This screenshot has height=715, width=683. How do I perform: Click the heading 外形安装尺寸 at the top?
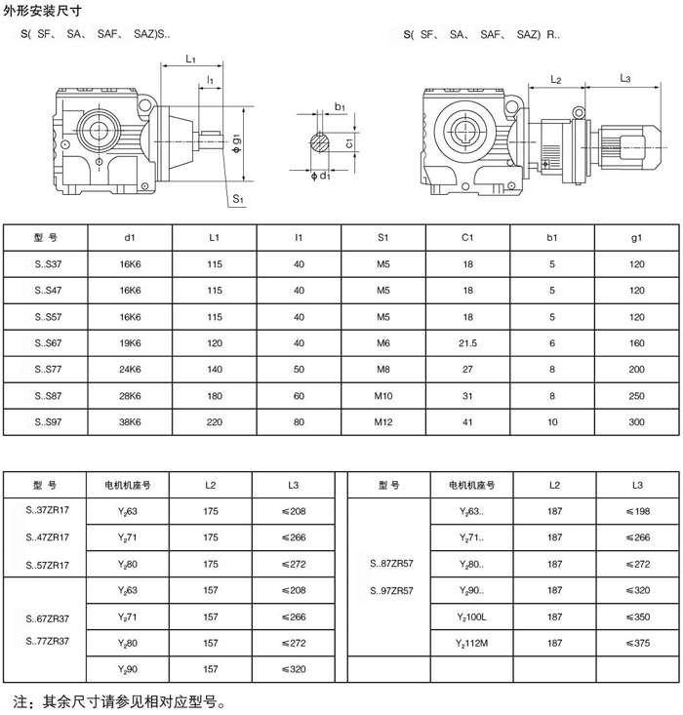click(x=42, y=11)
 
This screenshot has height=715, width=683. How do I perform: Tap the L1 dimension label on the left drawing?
click(x=190, y=59)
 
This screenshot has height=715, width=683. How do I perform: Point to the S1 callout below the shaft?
click(x=238, y=199)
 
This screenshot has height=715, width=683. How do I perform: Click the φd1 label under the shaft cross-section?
click(x=320, y=176)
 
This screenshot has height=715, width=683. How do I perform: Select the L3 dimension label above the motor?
click(x=624, y=78)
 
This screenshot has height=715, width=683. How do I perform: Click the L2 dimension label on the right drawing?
click(x=556, y=80)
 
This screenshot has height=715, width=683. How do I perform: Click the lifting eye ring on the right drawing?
click(x=579, y=112)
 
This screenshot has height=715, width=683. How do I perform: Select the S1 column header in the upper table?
click(x=382, y=238)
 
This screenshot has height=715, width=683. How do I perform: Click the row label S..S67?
click(x=48, y=343)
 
